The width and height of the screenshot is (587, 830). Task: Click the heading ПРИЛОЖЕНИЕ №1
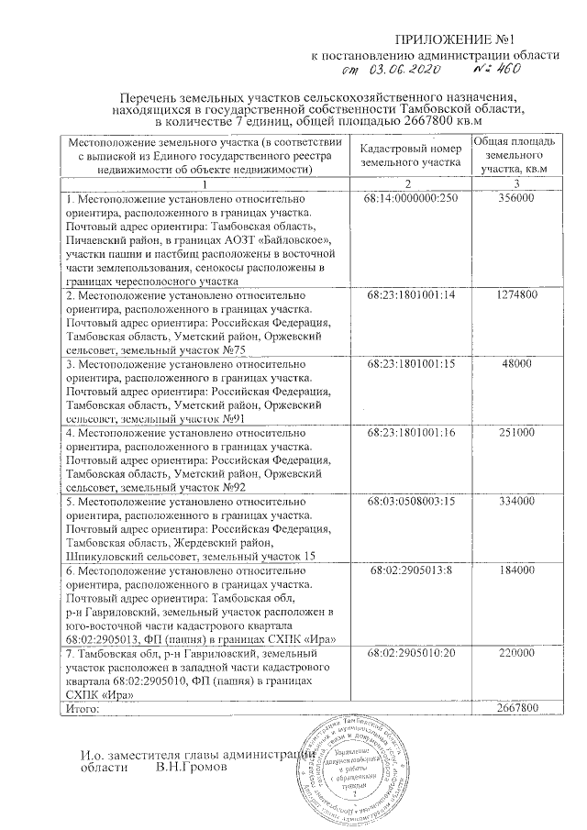point(477,39)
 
